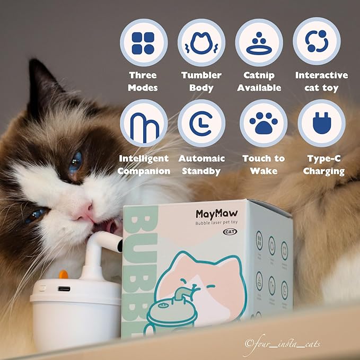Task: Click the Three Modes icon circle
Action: click(143, 42)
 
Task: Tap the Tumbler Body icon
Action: click(201, 42)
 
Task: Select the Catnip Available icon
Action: click(259, 42)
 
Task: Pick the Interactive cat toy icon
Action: click(317, 42)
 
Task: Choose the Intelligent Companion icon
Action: click(143, 123)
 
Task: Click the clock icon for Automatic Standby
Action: click(201, 123)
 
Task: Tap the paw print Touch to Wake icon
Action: click(264, 123)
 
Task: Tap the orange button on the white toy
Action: click(63, 275)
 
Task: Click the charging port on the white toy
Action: click(64, 289)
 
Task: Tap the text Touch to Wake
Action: click(264, 165)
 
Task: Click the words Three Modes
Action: click(143, 81)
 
